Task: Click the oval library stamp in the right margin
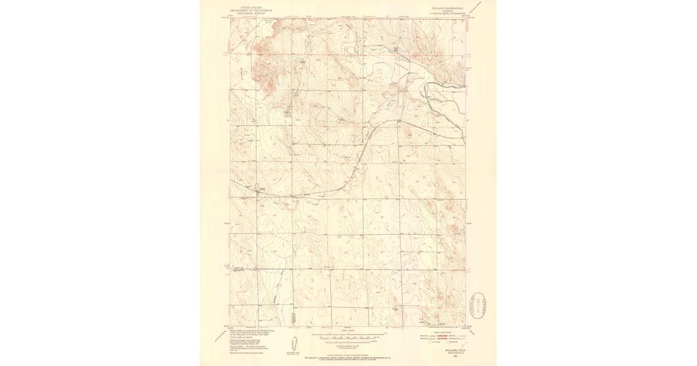click(479, 306)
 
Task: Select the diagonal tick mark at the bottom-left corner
click(219, 335)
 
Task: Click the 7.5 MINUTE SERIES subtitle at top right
click(447, 12)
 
